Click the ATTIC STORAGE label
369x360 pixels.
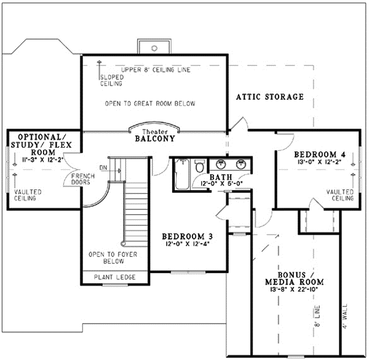coord(271,97)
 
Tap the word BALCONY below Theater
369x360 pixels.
coord(155,140)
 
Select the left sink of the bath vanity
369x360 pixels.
coord(222,164)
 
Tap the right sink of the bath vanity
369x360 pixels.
coord(240,164)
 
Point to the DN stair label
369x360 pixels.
coord(103,166)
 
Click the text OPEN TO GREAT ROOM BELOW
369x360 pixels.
coord(150,103)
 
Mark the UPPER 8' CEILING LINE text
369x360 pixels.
coord(156,70)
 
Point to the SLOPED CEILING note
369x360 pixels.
coord(111,81)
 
